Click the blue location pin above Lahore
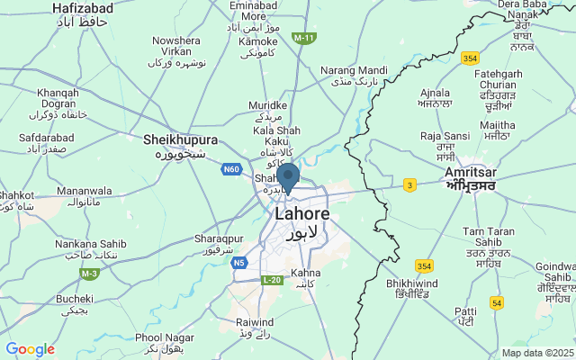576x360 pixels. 287,175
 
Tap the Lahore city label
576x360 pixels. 301,215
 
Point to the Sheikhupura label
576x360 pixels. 181,140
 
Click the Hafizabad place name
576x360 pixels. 82,7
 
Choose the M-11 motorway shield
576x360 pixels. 304,38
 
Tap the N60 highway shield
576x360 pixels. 232,168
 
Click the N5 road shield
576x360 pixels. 238,263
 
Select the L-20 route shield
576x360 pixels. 273,281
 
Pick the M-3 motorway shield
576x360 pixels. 89,274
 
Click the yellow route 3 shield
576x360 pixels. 409,184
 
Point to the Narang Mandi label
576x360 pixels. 354,70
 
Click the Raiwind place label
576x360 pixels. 255,321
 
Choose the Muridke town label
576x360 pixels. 267,106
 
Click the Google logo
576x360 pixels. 30,349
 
